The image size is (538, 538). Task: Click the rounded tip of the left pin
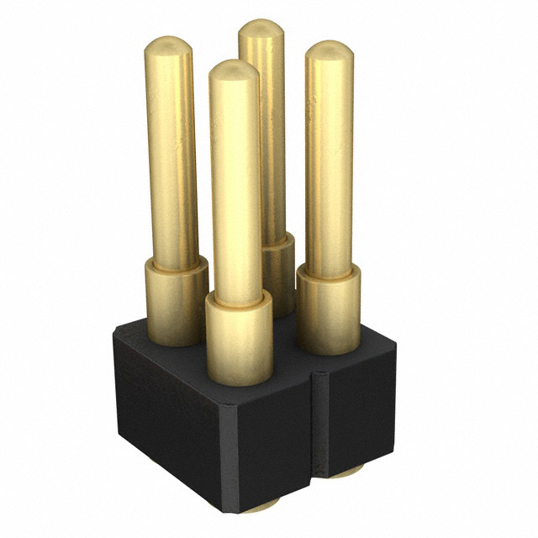click(169, 46)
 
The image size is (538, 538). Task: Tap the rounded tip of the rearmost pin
click(261, 29)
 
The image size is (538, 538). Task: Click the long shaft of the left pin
click(172, 151)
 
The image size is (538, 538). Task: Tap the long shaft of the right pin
click(329, 160)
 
